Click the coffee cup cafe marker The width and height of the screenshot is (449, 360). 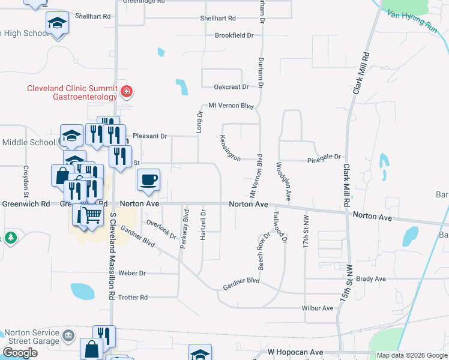[148, 179]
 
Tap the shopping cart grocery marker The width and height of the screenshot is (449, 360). [92, 214]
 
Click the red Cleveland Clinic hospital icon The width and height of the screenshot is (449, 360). [127, 92]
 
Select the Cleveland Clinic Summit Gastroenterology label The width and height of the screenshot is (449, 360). [73, 92]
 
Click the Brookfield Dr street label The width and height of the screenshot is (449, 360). [235, 35]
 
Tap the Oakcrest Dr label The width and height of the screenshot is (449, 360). [233, 87]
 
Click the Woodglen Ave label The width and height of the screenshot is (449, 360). [283, 181]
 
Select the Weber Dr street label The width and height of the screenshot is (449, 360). [133, 273]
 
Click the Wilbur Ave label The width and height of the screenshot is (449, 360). [318, 308]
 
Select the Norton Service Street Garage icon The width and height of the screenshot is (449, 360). [68, 334]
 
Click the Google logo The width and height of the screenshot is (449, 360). [20, 352]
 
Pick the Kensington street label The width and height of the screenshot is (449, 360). [230, 148]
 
